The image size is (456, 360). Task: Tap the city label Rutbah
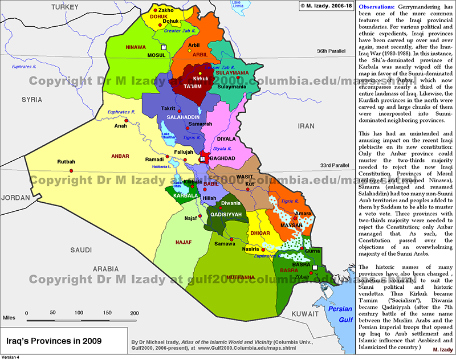(x=66, y=162)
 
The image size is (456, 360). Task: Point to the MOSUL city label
(x=156, y=56)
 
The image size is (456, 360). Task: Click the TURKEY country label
(x=64, y=6)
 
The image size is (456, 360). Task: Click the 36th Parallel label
(x=332, y=51)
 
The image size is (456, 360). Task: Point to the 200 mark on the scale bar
(x=135, y=313)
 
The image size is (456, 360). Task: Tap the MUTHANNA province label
(x=240, y=277)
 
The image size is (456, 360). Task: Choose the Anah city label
(x=120, y=126)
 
